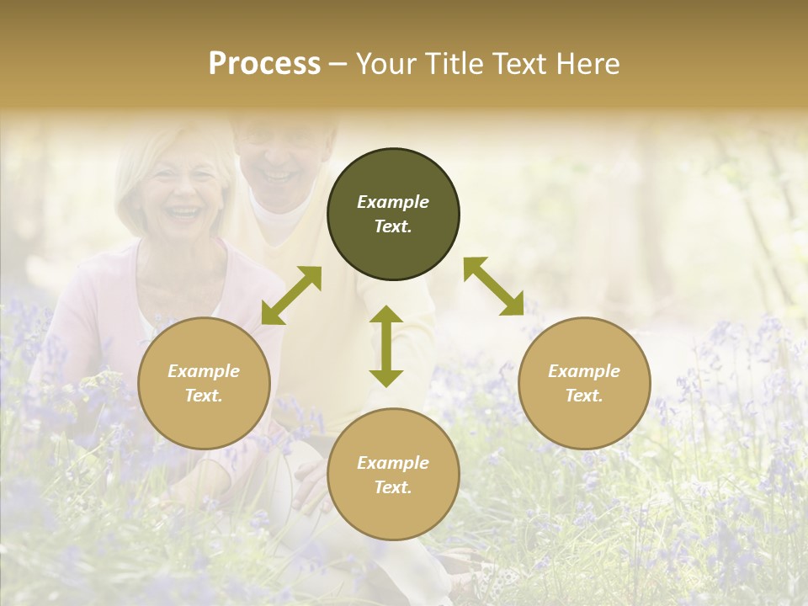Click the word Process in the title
point(264,64)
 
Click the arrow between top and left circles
point(291,295)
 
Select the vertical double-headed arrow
point(386,346)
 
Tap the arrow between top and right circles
point(493,286)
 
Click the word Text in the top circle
point(393,227)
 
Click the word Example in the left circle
point(204,371)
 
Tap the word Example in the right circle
point(584,371)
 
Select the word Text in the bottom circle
point(393,487)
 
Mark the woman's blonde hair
point(135,164)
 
